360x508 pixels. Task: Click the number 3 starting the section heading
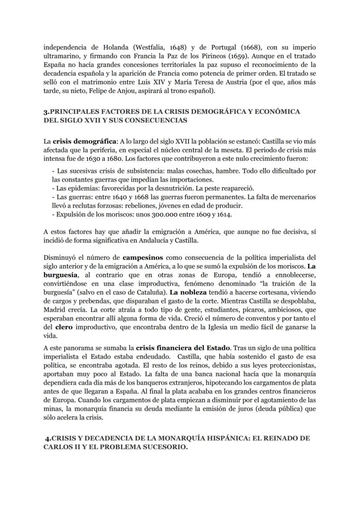45,112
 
